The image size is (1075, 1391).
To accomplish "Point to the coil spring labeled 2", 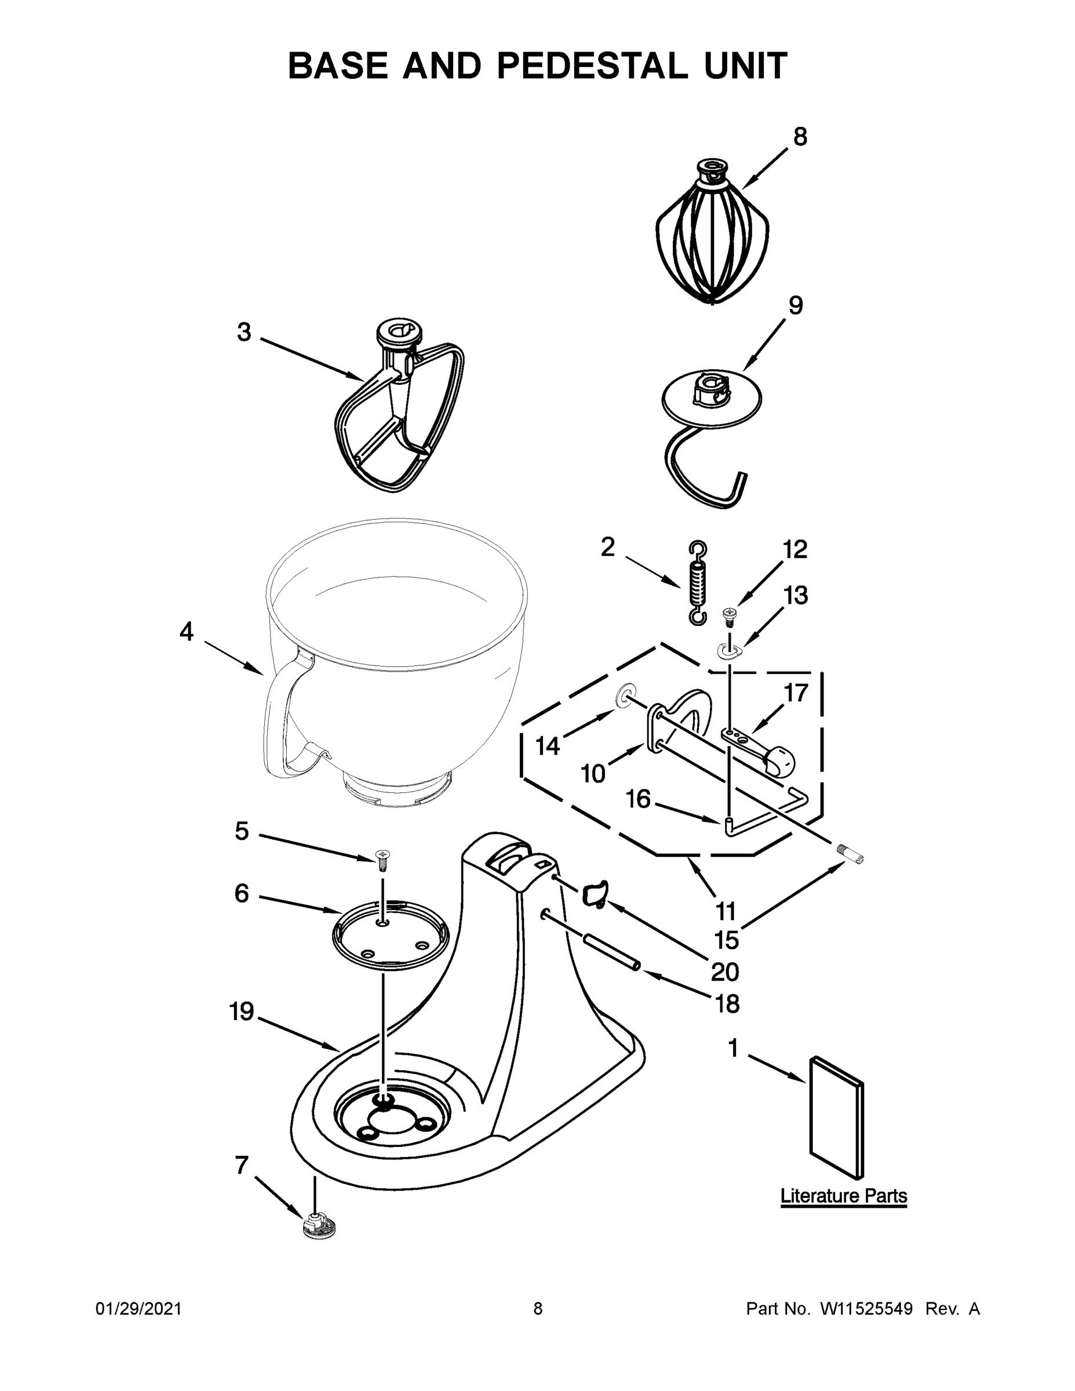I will tap(699, 582).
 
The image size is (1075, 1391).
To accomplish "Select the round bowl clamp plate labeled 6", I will tap(390, 935).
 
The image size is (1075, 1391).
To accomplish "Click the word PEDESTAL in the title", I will tap(592, 66).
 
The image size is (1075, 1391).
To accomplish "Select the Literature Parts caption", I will tap(843, 1196).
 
